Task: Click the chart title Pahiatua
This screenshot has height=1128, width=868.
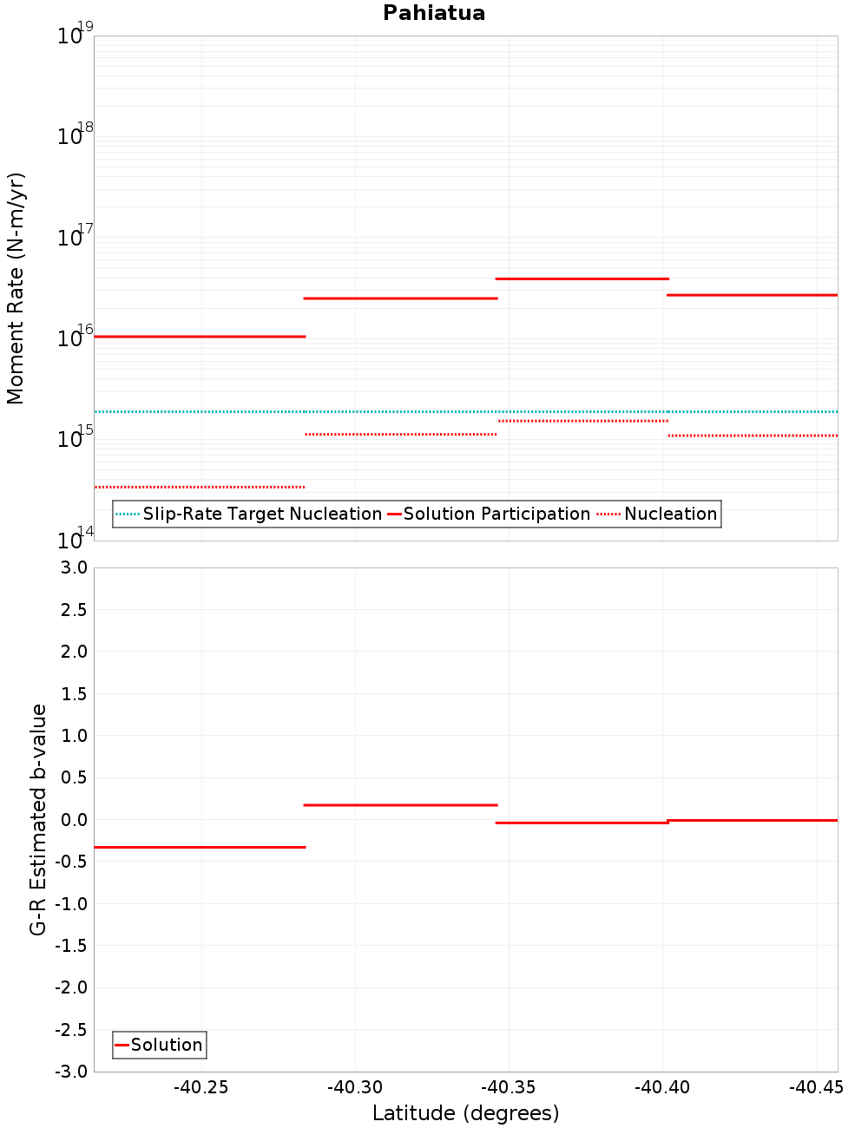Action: click(x=434, y=13)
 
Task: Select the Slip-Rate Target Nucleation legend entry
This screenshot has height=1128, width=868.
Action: click(x=261, y=514)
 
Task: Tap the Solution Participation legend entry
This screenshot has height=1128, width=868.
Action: click(x=496, y=514)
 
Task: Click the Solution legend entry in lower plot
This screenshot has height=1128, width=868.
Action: click(x=166, y=1045)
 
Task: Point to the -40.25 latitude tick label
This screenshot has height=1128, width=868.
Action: click(x=201, y=1088)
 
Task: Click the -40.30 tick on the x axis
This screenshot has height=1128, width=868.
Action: click(x=355, y=1088)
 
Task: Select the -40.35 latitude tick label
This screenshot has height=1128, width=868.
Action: click(x=509, y=1088)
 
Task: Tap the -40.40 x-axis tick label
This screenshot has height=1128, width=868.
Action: click(x=662, y=1088)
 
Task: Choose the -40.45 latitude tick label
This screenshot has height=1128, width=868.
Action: click(x=816, y=1088)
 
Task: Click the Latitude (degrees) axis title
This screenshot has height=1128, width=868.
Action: click(x=465, y=1113)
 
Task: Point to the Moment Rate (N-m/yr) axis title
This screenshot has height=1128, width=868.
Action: click(x=16, y=288)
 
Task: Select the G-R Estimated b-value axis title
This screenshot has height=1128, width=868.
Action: click(x=38, y=819)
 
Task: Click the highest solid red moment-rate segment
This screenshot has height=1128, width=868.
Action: click(x=582, y=279)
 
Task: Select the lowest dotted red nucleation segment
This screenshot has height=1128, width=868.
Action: click(x=200, y=487)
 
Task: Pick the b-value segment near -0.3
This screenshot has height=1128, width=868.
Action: click(x=200, y=847)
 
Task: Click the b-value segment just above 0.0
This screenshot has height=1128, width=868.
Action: click(x=399, y=805)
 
